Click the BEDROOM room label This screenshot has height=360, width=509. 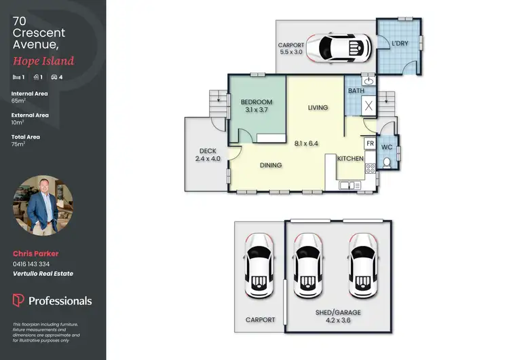click(x=257, y=102)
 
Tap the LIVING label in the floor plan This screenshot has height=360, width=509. click(x=318, y=107)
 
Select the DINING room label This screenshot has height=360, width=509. click(x=270, y=165)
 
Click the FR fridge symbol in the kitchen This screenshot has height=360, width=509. click(x=370, y=144)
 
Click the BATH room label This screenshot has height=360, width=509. click(x=356, y=90)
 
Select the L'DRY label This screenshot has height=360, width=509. click(x=400, y=44)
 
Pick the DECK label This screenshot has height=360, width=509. click(x=207, y=151)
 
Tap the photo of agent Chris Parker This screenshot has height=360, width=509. click(x=37, y=206)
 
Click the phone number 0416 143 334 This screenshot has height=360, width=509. click(x=31, y=264)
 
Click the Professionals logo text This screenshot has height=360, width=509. click(x=59, y=300)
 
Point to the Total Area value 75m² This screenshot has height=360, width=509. click(x=18, y=144)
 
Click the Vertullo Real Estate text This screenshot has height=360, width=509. click(x=43, y=274)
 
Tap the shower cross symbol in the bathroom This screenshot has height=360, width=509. click(x=369, y=105)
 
